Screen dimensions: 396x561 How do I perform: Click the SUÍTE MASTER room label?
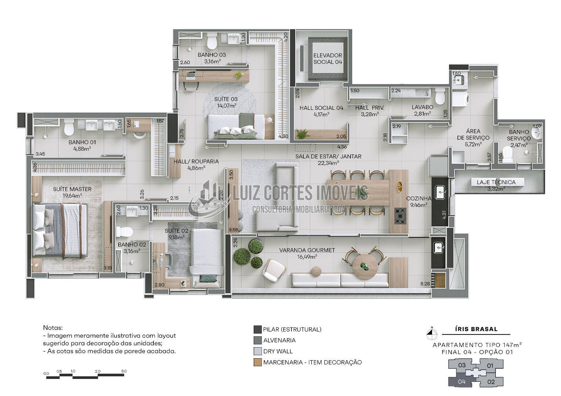tap(72, 189)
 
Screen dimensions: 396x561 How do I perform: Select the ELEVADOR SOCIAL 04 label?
tap(327, 59)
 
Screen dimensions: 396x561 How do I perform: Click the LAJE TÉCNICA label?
tap(496, 182)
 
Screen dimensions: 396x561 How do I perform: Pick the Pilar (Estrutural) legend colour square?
tap(257, 329)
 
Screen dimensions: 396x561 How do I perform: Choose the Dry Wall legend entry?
tap(278, 351)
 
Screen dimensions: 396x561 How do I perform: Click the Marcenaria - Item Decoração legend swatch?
tap(257, 362)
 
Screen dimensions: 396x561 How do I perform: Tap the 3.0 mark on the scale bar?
tap(124, 371)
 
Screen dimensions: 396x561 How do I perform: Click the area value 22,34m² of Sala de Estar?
tap(328, 163)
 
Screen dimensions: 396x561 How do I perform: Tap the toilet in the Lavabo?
tap(439, 97)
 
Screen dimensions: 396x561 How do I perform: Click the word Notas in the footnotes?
tap(53, 327)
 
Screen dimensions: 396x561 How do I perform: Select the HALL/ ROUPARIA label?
tap(196, 161)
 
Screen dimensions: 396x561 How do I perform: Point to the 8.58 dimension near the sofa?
tap(233, 230)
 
